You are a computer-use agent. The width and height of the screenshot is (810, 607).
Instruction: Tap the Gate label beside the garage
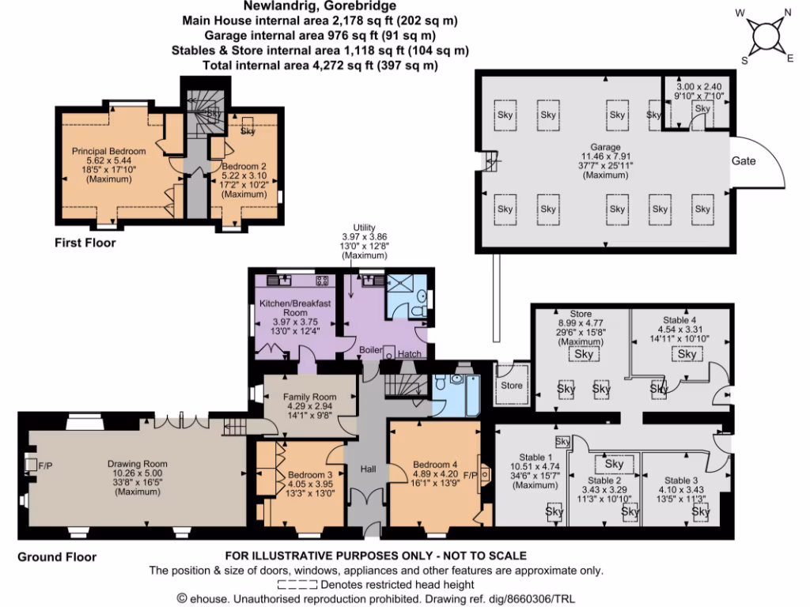pyautogui.click(x=744, y=160)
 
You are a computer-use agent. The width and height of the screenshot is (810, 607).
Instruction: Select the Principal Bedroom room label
pyautogui.click(x=109, y=151)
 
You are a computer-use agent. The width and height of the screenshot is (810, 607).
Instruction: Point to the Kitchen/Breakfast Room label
pyautogui.click(x=295, y=307)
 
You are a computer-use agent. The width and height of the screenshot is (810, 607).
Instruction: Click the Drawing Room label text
pyautogui.click(x=139, y=464)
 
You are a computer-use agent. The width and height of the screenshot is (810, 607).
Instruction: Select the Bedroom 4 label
pyautogui.click(x=435, y=464)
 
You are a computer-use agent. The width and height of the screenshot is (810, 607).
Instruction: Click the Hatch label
pyautogui.click(x=410, y=353)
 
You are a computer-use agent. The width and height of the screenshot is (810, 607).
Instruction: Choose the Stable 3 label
pyautogui.click(x=682, y=480)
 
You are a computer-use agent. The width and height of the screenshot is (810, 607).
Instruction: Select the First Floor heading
pyautogui.click(x=85, y=243)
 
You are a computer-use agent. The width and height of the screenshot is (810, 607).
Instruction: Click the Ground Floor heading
pyautogui.click(x=57, y=557)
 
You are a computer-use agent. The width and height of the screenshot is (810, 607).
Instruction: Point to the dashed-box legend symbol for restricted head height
pyautogui.click(x=297, y=585)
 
